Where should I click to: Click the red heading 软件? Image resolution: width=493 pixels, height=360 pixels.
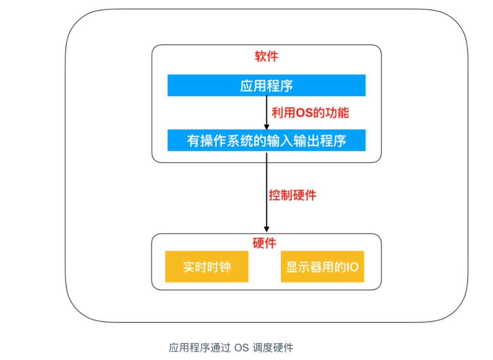click(266, 57)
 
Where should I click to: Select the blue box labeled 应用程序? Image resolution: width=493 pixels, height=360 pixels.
click(266, 85)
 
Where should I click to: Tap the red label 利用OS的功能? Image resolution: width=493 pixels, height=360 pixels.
click(310, 112)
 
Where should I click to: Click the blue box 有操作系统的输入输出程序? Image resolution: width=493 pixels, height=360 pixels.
click(266, 140)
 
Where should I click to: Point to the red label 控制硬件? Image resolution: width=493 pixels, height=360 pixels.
click(292, 196)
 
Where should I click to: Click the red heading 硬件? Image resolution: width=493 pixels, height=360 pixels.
click(264, 243)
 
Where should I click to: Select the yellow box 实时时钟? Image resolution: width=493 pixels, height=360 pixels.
click(207, 266)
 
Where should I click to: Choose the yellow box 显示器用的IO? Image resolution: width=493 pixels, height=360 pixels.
click(322, 266)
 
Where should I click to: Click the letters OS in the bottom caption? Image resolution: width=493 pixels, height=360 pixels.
click(241, 348)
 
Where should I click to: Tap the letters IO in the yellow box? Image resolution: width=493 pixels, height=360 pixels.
click(352, 267)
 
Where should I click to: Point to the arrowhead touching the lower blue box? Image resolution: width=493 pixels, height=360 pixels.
click(267, 126)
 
